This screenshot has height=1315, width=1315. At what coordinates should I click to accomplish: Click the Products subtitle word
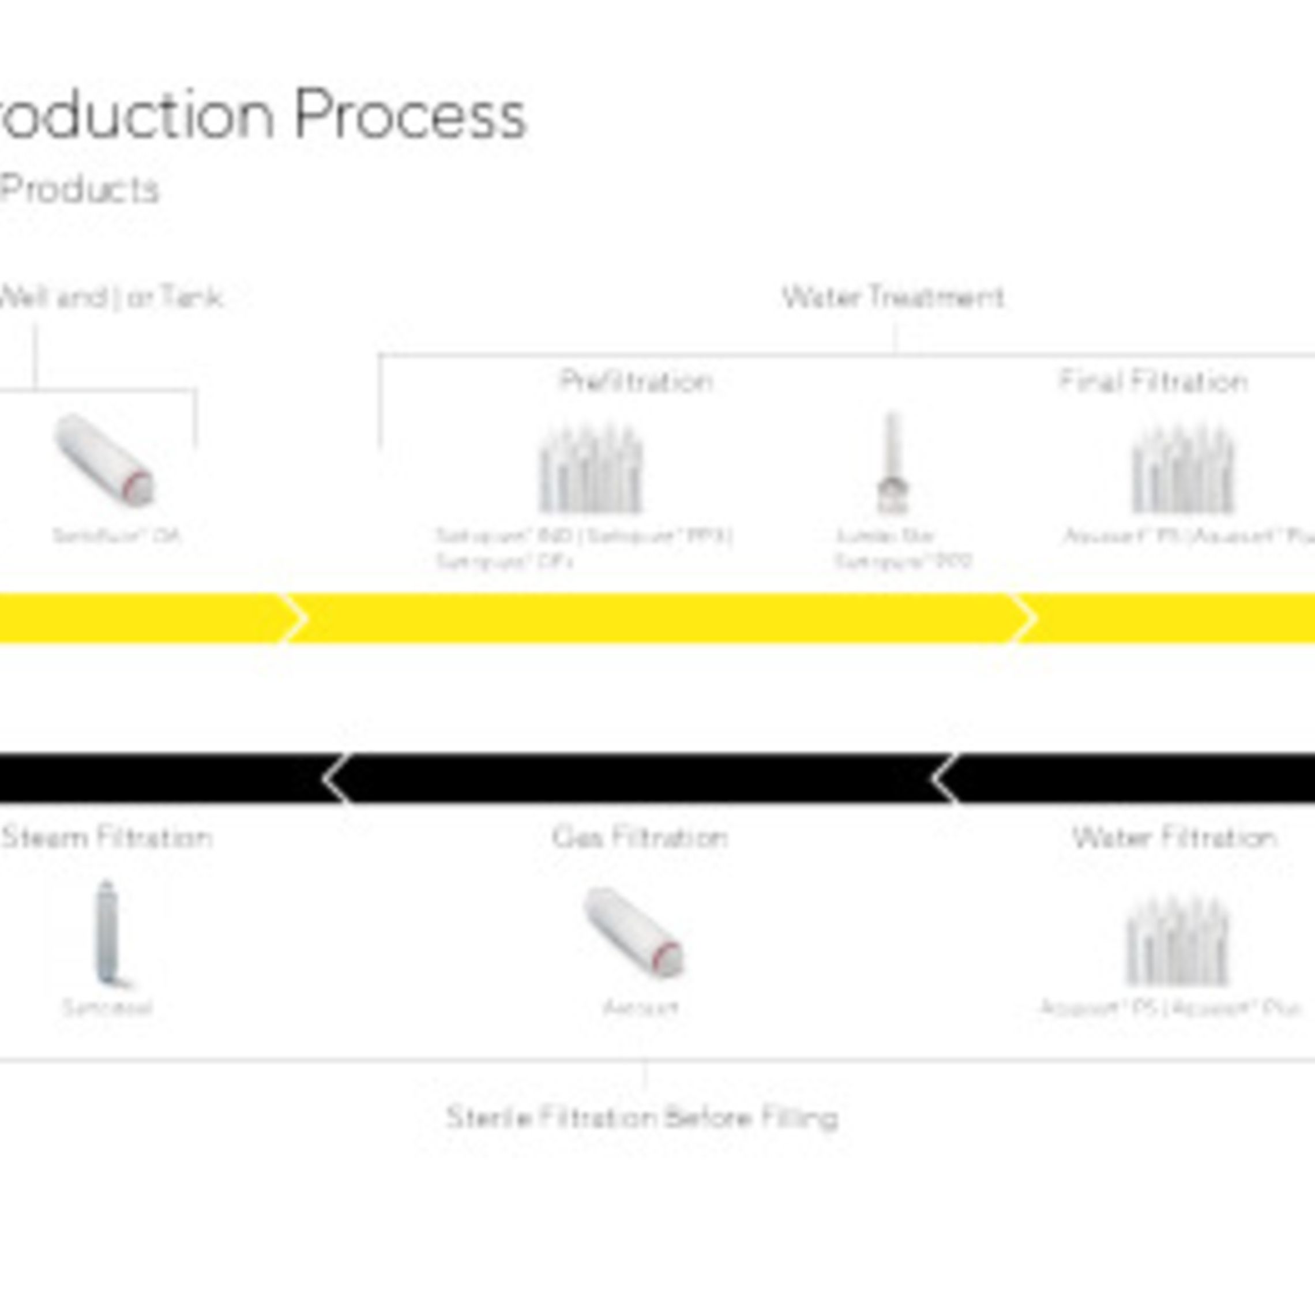[80, 189]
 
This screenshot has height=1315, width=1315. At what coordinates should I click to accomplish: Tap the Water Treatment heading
[893, 298]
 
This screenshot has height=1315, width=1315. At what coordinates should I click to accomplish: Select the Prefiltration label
[636, 381]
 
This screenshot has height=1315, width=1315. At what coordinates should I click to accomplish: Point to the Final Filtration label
[1153, 381]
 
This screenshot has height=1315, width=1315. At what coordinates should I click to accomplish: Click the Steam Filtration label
[107, 837]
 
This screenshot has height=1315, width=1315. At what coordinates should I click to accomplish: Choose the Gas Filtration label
[640, 837]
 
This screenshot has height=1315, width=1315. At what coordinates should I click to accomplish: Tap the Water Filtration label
[1174, 837]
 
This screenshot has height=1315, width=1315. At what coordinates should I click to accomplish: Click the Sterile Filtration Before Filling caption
[642, 1118]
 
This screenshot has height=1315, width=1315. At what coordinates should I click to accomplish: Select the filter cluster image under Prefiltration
[590, 469]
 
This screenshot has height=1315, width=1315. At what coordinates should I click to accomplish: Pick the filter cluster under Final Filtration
[1182, 469]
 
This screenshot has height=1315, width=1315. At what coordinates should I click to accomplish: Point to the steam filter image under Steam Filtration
[107, 933]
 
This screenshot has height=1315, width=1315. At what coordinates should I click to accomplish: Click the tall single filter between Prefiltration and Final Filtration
[892, 463]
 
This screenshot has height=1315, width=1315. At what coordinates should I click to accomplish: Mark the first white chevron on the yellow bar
[295, 618]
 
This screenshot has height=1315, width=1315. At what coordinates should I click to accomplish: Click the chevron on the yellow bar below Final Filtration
[1023, 618]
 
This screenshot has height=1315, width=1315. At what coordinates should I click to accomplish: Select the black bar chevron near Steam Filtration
[336, 778]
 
